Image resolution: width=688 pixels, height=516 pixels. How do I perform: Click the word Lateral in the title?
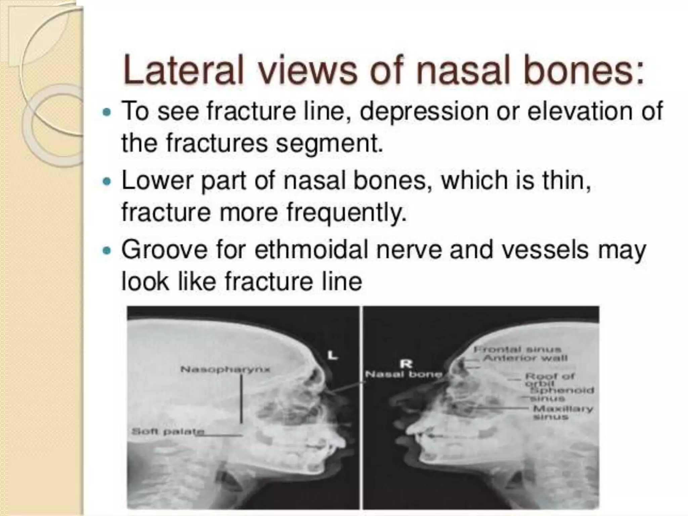[x=183, y=72]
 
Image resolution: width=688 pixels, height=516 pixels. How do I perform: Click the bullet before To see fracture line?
[x=107, y=112]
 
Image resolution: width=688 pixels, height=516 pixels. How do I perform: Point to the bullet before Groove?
[x=107, y=251]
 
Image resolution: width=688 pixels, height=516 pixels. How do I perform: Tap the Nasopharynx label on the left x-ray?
[x=225, y=370]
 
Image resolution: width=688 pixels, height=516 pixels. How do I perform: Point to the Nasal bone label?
[x=403, y=374]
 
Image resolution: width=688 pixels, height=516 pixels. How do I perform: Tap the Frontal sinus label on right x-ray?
[x=517, y=350]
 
